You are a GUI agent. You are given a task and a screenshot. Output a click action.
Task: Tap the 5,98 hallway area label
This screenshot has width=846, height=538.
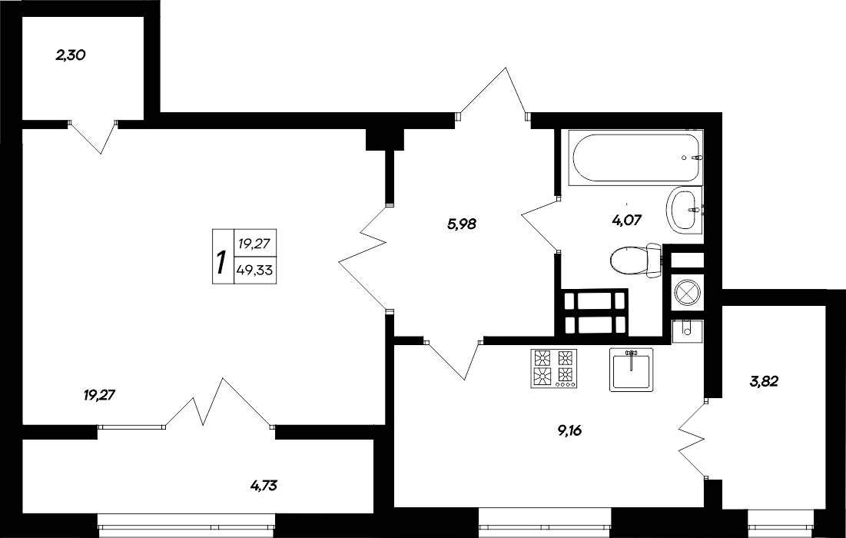(x=461, y=224)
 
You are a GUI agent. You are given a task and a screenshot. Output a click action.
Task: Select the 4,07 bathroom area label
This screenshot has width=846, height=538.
(x=626, y=219)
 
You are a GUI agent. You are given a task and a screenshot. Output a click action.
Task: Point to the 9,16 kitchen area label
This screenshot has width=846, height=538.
(x=569, y=430)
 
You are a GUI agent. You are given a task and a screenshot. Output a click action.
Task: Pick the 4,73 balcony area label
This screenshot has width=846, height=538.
(x=264, y=485)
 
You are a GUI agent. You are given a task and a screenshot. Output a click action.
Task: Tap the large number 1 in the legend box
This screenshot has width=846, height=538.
(x=221, y=264)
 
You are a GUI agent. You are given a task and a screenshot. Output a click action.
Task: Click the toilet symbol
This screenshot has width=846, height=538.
(x=636, y=260)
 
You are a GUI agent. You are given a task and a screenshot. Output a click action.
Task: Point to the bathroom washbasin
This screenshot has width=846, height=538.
(x=683, y=208)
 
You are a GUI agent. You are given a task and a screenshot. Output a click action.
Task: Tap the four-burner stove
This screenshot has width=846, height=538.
(x=553, y=367)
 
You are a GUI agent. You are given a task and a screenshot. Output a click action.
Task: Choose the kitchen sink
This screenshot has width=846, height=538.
(x=631, y=369)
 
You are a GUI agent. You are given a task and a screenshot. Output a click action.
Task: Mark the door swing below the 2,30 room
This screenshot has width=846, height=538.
(x=93, y=136)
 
